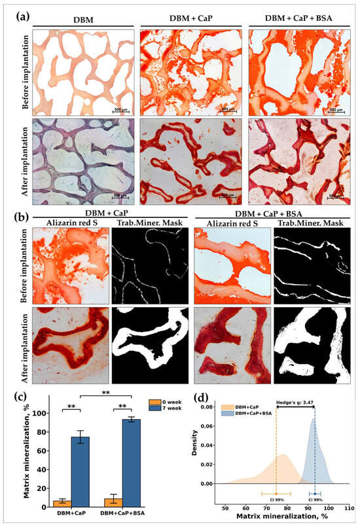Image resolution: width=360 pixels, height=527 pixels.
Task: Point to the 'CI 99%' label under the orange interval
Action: [276, 501]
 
